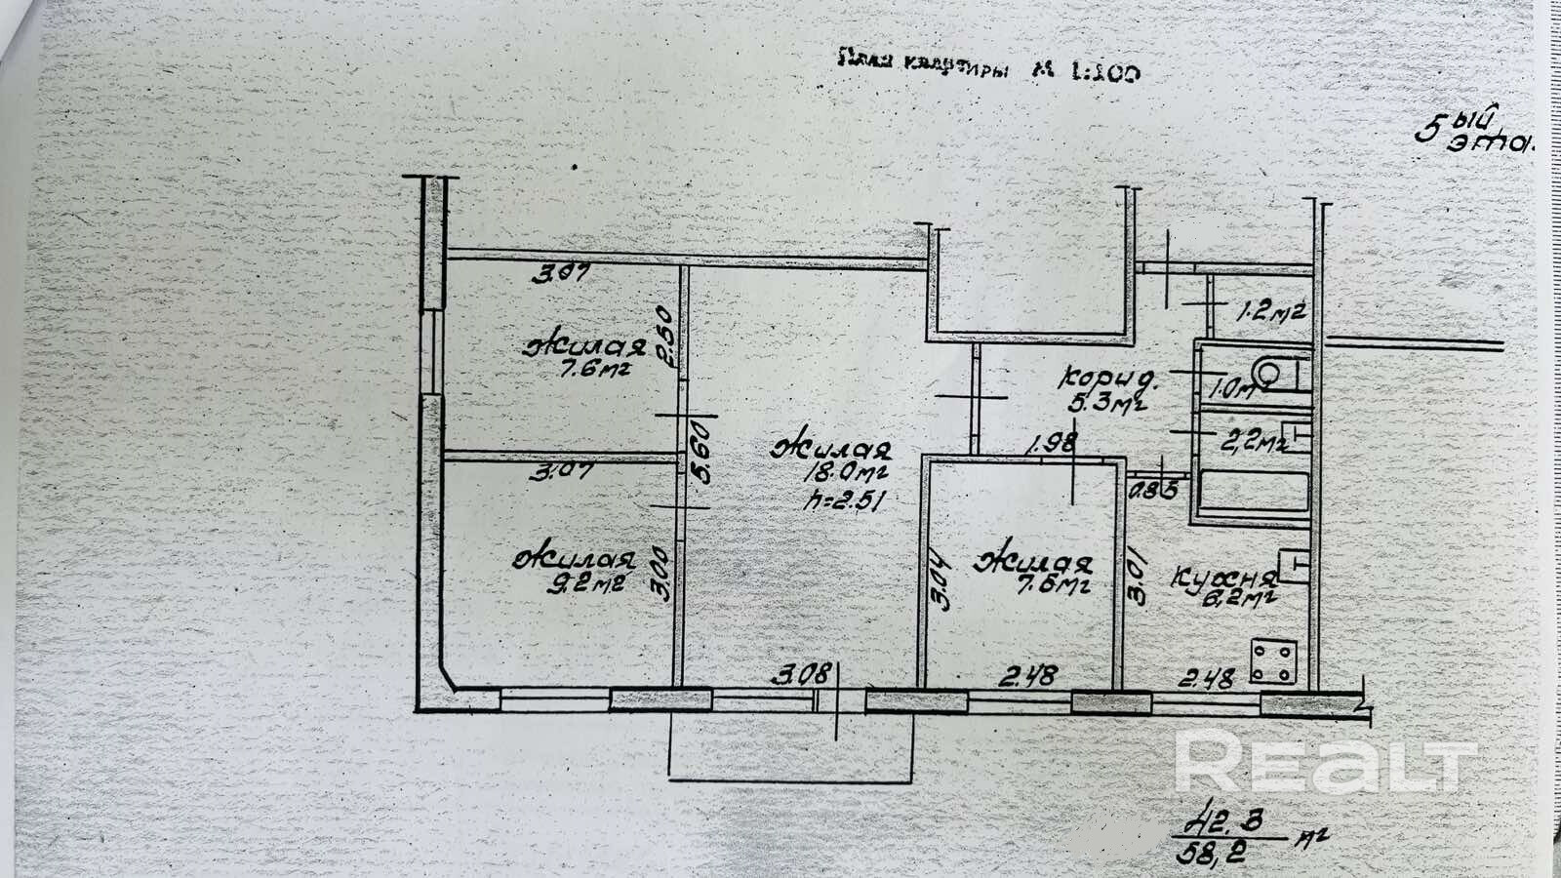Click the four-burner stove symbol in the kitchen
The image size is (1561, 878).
point(1274,661)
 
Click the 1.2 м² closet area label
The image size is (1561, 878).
point(1269,313)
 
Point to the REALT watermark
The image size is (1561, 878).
point(1325,762)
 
